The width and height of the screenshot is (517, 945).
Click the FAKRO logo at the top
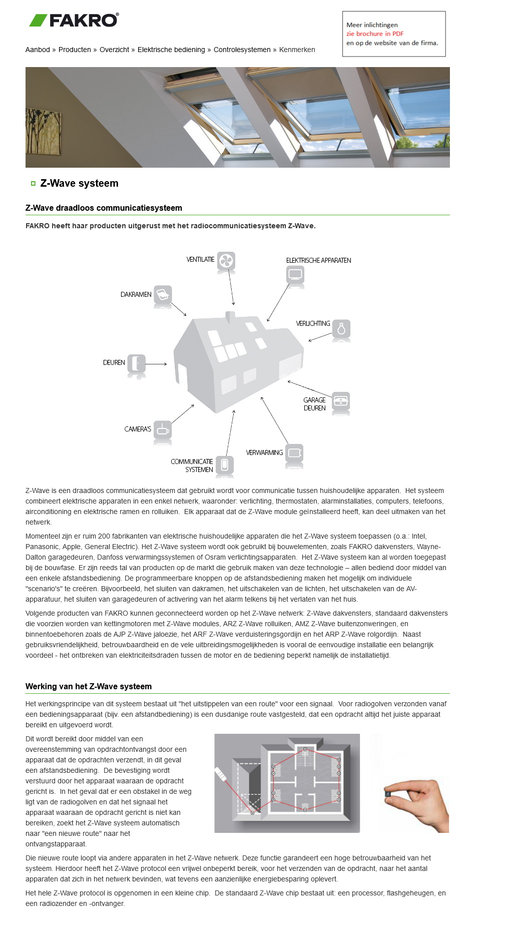pyautogui.click(x=74, y=20)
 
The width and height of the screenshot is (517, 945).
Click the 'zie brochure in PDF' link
pyautogui.click(x=374, y=34)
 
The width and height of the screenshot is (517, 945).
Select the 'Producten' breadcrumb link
pyautogui.click(x=75, y=50)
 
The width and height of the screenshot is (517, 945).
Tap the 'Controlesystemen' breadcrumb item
pyautogui.click(x=242, y=50)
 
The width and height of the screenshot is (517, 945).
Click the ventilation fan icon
pyautogui.click(x=226, y=260)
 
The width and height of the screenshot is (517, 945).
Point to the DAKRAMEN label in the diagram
pyautogui.click(x=136, y=294)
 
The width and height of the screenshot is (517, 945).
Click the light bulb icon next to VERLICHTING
pyautogui.click(x=341, y=329)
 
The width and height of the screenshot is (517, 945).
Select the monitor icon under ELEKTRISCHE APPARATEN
pyautogui.click(x=295, y=274)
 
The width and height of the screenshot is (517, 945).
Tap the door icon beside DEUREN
pyautogui.click(x=136, y=363)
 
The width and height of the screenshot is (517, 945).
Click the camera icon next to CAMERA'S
pyautogui.click(x=163, y=429)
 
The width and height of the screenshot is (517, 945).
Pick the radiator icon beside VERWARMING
pyautogui.click(x=294, y=452)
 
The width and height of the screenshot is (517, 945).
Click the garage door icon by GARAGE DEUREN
pyautogui.click(x=341, y=400)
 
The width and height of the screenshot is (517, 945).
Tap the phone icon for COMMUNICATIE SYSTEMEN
pyautogui.click(x=225, y=464)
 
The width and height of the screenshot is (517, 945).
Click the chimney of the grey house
pyautogui.click(x=230, y=317)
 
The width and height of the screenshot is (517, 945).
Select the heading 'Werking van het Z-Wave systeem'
pyautogui.click(x=89, y=686)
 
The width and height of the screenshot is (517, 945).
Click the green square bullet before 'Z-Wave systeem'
pyautogui.click(x=33, y=184)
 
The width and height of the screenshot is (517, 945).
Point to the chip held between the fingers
pyautogui.click(x=387, y=793)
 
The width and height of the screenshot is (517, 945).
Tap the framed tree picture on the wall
pyautogui.click(x=44, y=132)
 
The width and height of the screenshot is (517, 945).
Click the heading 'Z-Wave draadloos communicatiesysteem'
pyautogui.click(x=104, y=208)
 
